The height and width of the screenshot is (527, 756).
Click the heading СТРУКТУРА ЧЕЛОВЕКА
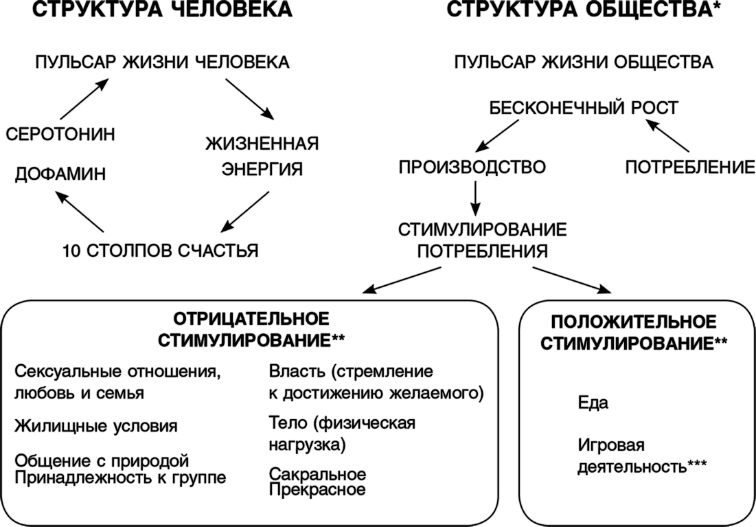[x=162, y=10]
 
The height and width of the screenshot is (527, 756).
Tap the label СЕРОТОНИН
[x=60, y=134]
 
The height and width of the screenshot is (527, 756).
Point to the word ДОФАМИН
[x=60, y=174]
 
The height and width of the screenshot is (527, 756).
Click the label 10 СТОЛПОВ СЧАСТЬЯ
[x=160, y=251]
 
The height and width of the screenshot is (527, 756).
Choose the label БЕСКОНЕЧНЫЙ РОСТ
[x=584, y=108]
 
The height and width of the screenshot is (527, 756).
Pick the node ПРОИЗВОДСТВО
[x=472, y=167]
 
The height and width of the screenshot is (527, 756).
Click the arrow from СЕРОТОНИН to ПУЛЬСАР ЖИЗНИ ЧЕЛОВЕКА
[x=84, y=100]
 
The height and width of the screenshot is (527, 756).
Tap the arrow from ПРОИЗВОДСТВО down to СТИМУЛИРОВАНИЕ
[x=475, y=198]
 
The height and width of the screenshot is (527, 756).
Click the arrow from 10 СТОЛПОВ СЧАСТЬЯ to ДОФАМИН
[x=80, y=211]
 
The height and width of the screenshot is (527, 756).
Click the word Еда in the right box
[x=593, y=403]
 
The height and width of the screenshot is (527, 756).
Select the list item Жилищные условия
[x=96, y=426]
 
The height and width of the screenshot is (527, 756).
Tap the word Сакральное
[x=317, y=473]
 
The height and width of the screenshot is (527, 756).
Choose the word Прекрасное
[x=317, y=490]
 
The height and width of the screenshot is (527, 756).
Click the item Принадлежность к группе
[x=120, y=478]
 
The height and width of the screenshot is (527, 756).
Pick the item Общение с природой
[x=101, y=461]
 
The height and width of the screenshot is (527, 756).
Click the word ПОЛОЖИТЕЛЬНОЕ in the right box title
[x=634, y=322]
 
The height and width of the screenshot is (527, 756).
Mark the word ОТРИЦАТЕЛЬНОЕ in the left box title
[x=251, y=319]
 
